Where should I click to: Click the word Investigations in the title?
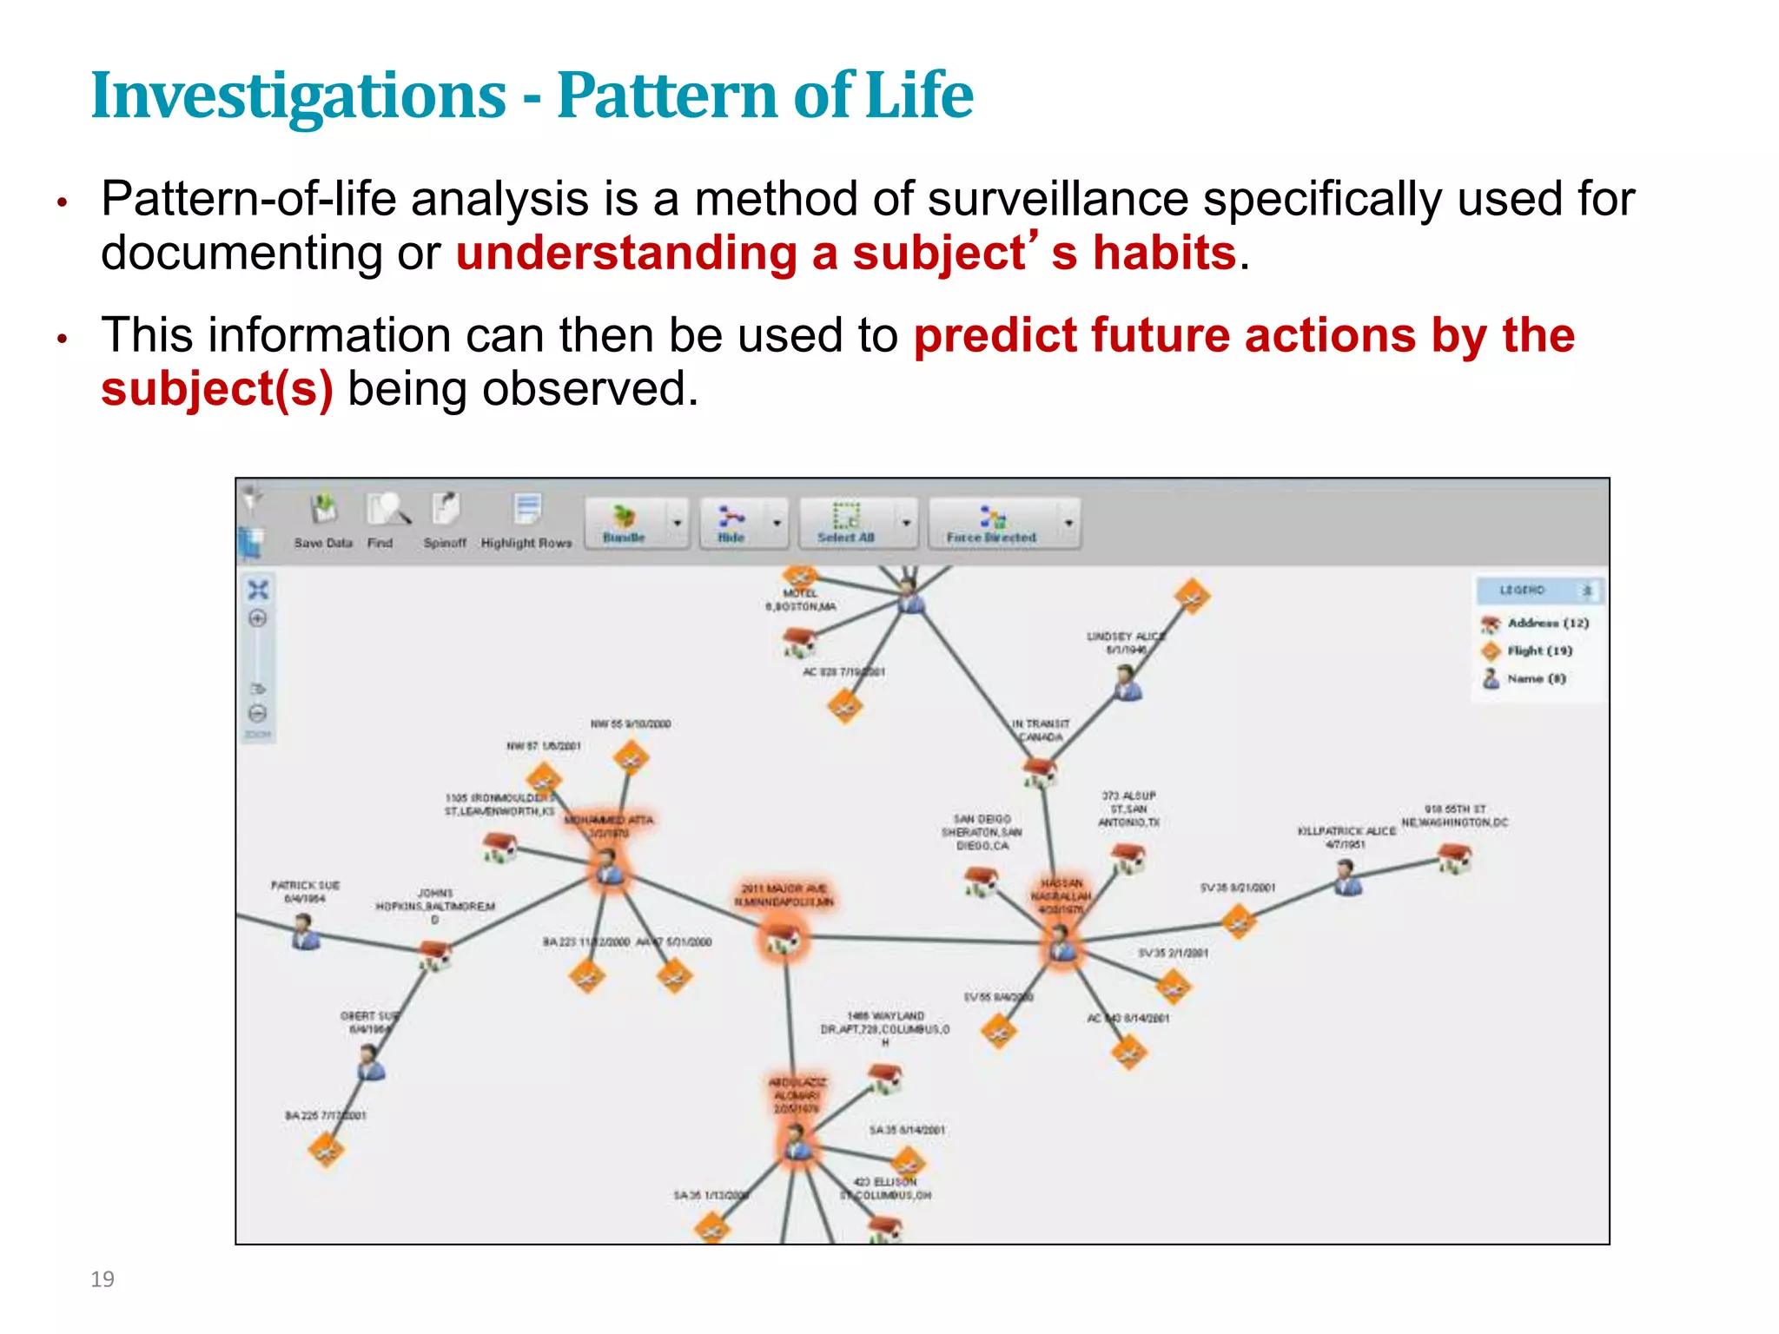point(298,96)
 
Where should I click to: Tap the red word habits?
point(1164,254)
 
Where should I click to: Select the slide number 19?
point(103,1278)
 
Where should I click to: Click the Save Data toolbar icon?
point(324,511)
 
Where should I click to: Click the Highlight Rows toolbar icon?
point(527,511)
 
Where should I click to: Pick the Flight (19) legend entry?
point(1538,650)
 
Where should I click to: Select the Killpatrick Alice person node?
point(1347,876)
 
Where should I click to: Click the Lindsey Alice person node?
point(1128,683)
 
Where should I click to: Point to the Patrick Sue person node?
point(306,932)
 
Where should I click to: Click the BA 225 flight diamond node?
point(327,1151)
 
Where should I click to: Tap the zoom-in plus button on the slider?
point(258,618)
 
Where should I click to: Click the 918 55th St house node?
point(1455,859)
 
